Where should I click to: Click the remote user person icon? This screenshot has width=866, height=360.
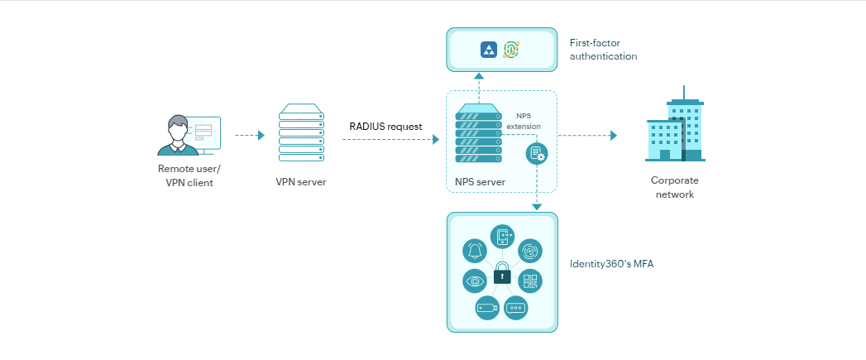tap(177, 136)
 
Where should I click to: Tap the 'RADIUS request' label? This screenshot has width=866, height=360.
tap(385, 127)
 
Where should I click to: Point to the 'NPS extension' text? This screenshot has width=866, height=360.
tap(529, 121)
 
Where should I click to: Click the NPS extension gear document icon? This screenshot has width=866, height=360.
tap(537, 153)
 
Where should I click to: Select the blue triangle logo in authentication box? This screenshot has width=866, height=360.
tap(489, 50)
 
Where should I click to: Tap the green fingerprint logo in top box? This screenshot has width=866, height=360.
tap(512, 50)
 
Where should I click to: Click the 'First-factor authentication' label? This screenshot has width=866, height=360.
tap(603, 50)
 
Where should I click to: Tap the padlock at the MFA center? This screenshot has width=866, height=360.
tap(501, 275)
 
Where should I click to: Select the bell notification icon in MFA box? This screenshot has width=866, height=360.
tap(475, 250)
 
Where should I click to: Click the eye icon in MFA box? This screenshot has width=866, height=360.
tap(475, 281)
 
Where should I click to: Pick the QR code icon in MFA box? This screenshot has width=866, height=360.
tap(530, 281)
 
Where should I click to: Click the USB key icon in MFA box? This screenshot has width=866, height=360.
tap(487, 308)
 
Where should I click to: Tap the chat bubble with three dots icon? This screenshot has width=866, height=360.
tap(515, 308)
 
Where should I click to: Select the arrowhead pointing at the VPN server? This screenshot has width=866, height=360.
tap(261, 135)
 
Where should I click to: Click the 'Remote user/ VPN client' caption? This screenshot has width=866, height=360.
tap(189, 175)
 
